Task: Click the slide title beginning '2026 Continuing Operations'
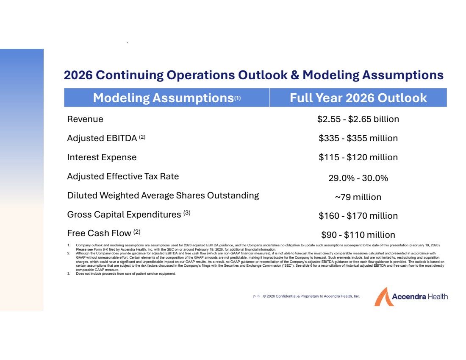[x=253, y=75]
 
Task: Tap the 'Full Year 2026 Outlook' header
[x=358, y=98]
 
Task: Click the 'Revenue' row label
[x=85, y=119]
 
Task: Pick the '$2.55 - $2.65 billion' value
[x=358, y=119]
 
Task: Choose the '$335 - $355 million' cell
[x=358, y=138]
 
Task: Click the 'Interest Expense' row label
[x=102, y=157]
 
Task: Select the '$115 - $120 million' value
[x=358, y=157]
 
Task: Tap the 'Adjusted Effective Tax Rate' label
[x=123, y=176]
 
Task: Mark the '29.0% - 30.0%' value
[x=358, y=178]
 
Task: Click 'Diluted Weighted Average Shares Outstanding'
[x=163, y=195]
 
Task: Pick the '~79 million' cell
[x=358, y=197]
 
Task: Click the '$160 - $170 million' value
[x=358, y=216]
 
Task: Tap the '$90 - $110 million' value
[x=358, y=235]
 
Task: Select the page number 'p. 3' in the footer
[x=256, y=296]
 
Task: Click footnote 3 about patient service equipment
[x=125, y=274]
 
